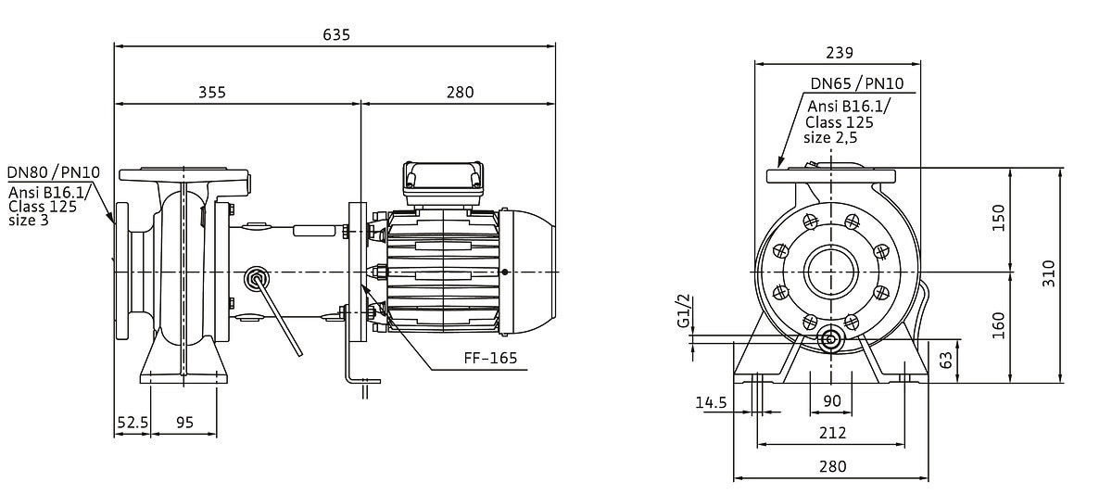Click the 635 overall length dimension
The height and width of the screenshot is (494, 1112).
point(336,35)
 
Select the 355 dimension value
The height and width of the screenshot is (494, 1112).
point(212,92)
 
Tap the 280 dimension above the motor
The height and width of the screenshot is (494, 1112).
point(459,92)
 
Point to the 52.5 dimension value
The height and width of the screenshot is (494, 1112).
point(132,422)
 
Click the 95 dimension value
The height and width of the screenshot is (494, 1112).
point(183,422)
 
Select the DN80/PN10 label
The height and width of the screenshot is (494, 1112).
point(54,172)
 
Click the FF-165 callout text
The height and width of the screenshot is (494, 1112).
point(491,358)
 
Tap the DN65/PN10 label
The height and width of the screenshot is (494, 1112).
point(856,84)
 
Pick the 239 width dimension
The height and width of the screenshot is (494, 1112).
point(839,53)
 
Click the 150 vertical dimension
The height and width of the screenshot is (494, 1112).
point(998,220)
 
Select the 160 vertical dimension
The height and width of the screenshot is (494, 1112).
point(998,325)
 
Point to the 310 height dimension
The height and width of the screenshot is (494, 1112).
point(1049,273)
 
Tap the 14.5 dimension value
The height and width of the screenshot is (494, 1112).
point(710,402)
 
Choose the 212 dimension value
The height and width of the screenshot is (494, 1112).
point(832,433)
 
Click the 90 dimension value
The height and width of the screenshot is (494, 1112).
point(832,400)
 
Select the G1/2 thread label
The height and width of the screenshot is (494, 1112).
point(684,310)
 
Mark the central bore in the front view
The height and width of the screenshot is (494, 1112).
point(830,273)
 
